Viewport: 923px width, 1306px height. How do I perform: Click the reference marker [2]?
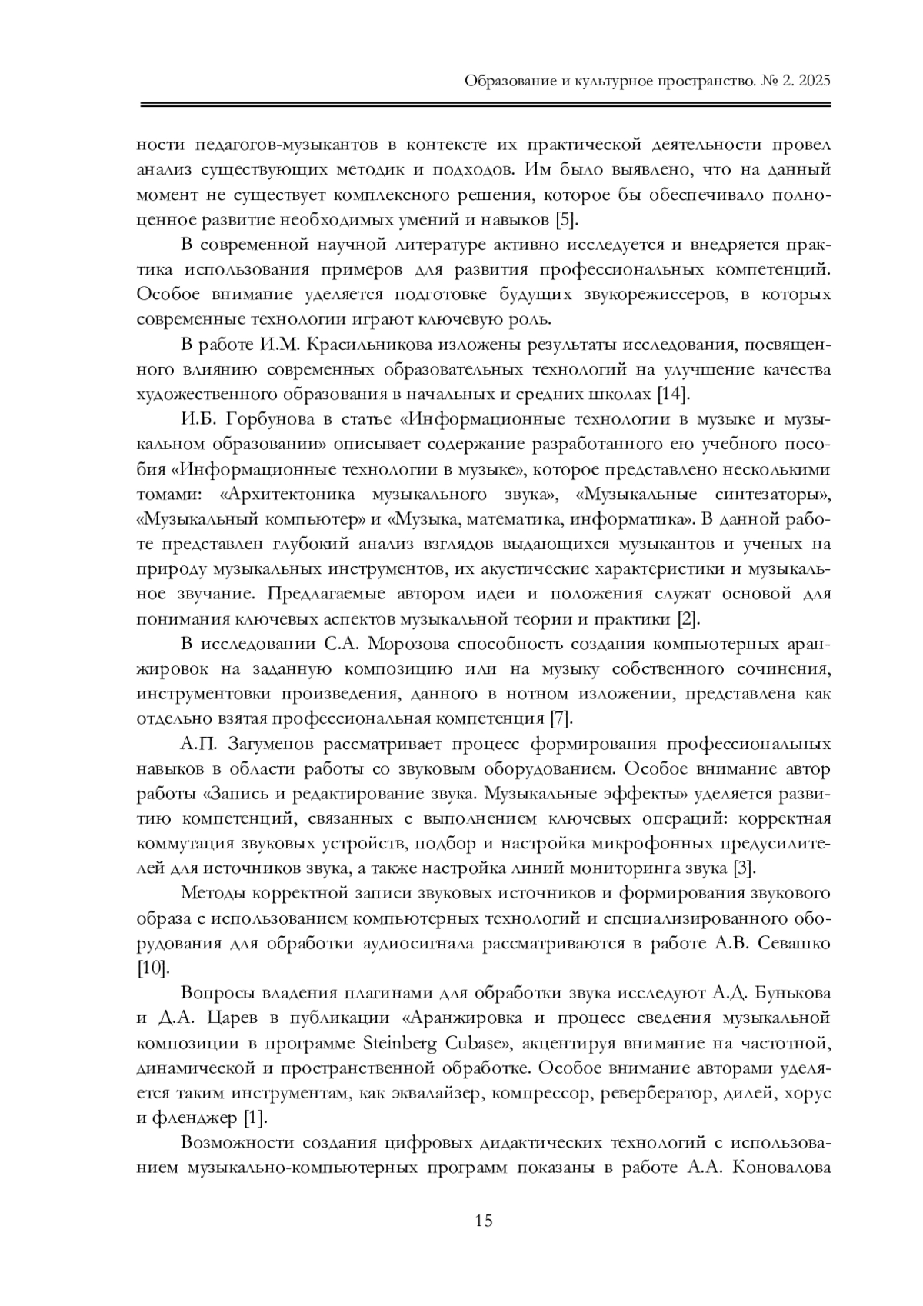pos(686,619)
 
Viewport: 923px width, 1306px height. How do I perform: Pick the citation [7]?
pos(561,719)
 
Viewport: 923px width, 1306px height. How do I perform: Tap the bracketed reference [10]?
pos(153,968)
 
